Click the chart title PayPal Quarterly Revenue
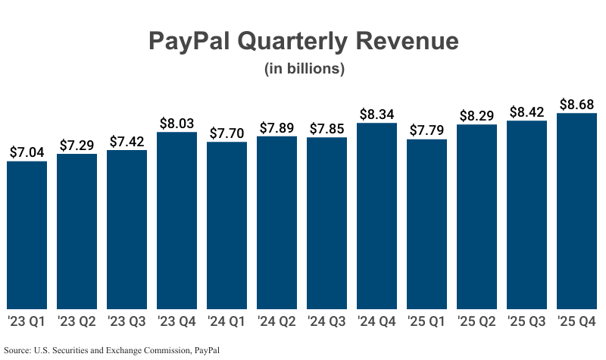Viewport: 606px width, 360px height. coord(303,40)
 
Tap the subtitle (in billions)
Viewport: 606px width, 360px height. coord(304,69)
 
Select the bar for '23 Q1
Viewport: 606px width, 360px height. coord(27,235)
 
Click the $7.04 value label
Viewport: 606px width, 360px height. coord(27,152)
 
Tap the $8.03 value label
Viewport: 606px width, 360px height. coord(176,123)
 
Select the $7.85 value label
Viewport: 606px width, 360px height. coord(326,128)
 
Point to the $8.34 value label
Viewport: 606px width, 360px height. coord(376,114)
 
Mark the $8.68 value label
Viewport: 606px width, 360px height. coord(576,104)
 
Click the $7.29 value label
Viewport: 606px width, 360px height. coord(77,145)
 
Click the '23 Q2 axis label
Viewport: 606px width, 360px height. coord(77,321)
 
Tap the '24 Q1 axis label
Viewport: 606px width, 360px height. coord(226,321)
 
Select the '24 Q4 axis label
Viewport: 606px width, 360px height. coord(376,321)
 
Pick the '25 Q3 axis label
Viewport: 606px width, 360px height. coord(526,321)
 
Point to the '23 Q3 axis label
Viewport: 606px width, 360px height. coord(127,321)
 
